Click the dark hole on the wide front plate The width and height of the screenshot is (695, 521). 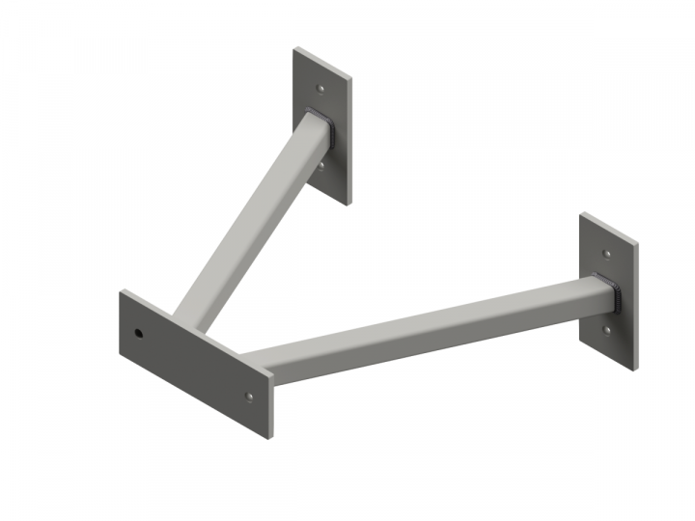pyautogui.click(x=138, y=334)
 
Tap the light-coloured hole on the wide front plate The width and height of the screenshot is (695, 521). pyautogui.click(x=249, y=397)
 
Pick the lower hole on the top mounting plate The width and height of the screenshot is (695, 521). pyautogui.click(x=320, y=165)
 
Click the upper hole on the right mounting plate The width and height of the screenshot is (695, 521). pyautogui.click(x=605, y=254)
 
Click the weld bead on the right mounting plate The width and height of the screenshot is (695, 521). pyautogui.click(x=611, y=292)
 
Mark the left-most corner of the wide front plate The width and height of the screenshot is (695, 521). pyautogui.click(x=120, y=294)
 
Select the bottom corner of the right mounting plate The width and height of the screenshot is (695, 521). pyautogui.click(x=632, y=368)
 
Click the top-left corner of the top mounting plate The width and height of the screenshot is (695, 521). pyautogui.click(x=295, y=48)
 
